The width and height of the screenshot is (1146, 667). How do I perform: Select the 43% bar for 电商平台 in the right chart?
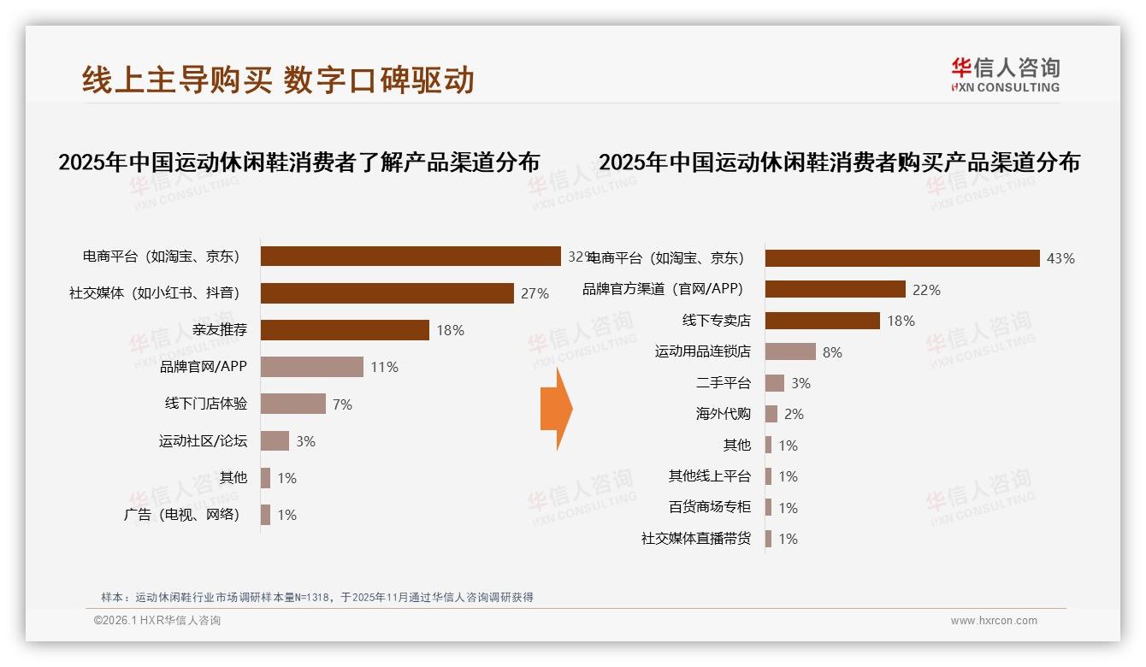click(x=902, y=258)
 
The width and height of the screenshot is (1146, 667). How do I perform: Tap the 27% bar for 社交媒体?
click(x=387, y=293)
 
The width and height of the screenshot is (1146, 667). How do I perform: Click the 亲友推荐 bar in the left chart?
click(x=345, y=330)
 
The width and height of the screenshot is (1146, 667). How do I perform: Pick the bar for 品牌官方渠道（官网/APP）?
click(x=835, y=289)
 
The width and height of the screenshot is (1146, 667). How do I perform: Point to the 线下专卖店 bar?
click(x=822, y=321)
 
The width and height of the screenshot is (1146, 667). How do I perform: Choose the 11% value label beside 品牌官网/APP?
click(x=384, y=368)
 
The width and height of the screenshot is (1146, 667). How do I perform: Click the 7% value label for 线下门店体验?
click(x=342, y=404)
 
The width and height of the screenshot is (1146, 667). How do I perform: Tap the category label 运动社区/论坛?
click(x=203, y=441)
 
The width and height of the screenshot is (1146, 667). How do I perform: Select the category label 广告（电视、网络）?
click(x=182, y=515)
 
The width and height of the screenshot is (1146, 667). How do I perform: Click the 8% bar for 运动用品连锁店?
click(x=790, y=351)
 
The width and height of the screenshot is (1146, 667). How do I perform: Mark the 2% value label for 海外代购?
click(x=794, y=414)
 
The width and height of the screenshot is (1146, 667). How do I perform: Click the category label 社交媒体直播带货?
click(x=695, y=539)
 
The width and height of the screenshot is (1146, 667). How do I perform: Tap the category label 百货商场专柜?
click(x=709, y=507)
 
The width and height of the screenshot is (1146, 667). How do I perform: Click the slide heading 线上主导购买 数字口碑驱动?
click(x=278, y=80)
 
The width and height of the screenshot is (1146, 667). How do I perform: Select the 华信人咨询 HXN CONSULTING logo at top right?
click(x=1005, y=75)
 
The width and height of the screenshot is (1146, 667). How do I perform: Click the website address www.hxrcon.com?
click(x=994, y=621)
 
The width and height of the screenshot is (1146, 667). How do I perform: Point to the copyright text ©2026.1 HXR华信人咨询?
click(x=157, y=621)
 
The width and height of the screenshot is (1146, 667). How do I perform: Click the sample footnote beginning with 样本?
click(x=316, y=597)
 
